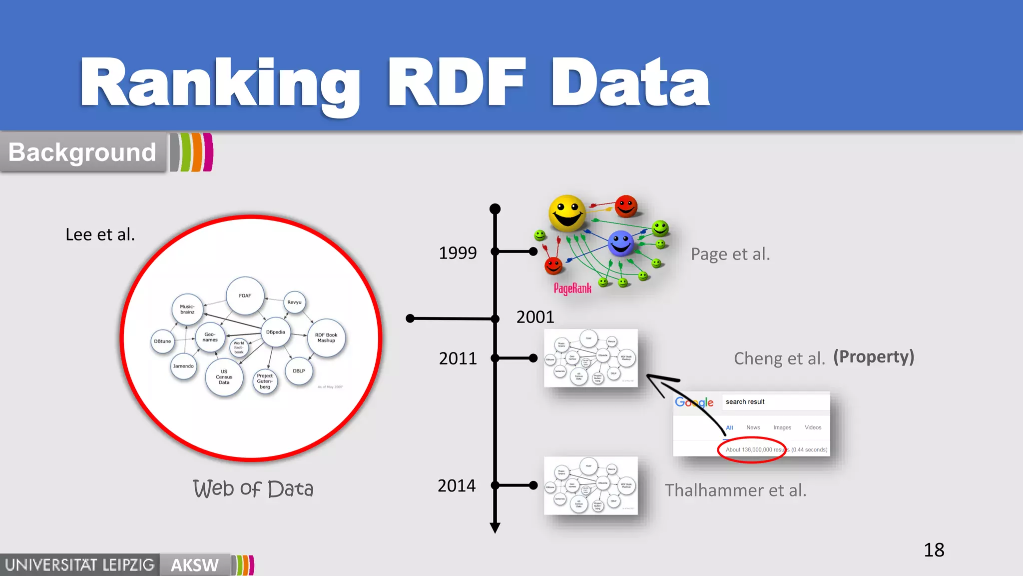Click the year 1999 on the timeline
point(458,252)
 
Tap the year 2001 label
point(535,316)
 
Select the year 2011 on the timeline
point(458,358)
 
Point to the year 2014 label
point(457,485)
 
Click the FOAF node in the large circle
point(245,295)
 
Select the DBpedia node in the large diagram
point(275,332)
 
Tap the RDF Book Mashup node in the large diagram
point(326,338)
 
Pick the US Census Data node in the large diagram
point(224,377)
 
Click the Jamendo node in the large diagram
point(183,366)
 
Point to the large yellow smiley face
point(567,213)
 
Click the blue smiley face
point(621,243)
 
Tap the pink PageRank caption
point(572,288)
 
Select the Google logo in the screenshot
point(694,402)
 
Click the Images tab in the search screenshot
point(782,427)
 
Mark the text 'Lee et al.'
point(100,234)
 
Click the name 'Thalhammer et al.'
point(735,490)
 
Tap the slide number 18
point(934,550)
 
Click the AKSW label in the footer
point(195,565)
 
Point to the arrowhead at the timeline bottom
point(495,528)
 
